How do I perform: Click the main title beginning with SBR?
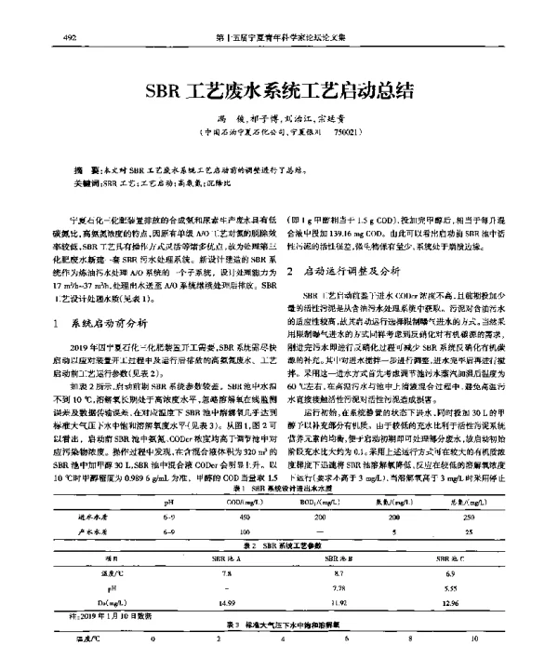click(278, 93)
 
